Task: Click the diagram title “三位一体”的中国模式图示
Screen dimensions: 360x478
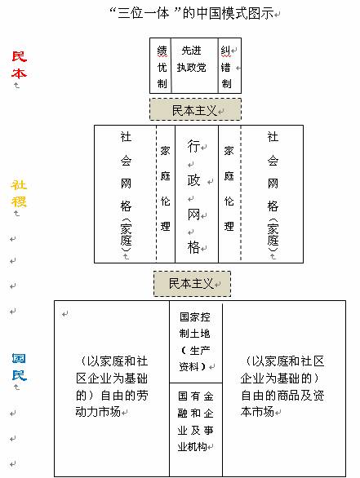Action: [192, 13]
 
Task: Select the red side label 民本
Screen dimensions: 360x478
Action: [20, 64]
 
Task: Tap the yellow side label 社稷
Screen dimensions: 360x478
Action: [19, 193]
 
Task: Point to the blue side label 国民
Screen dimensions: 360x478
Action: [19, 367]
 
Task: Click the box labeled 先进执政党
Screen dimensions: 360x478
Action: [194, 65]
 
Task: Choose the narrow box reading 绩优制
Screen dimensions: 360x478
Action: [161, 65]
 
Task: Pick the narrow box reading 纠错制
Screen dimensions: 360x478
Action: [229, 65]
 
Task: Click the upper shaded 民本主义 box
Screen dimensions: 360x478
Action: [195, 109]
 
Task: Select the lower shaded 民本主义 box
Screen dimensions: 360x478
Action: [192, 284]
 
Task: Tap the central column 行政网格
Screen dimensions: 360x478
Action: [197, 194]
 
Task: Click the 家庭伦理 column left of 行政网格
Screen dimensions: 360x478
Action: [166, 194]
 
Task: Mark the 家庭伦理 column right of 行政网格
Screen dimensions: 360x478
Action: [229, 194]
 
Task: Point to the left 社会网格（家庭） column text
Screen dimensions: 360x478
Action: [126, 192]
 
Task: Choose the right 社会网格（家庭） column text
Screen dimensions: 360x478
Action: [273, 192]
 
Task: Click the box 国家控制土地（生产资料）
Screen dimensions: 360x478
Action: [196, 342]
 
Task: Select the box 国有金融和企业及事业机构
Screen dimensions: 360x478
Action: [196, 429]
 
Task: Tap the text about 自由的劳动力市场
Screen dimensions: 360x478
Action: [112, 387]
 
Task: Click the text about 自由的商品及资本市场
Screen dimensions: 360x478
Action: [282, 387]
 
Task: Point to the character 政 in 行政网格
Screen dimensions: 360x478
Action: [193, 180]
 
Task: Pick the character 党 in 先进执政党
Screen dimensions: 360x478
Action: [201, 68]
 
